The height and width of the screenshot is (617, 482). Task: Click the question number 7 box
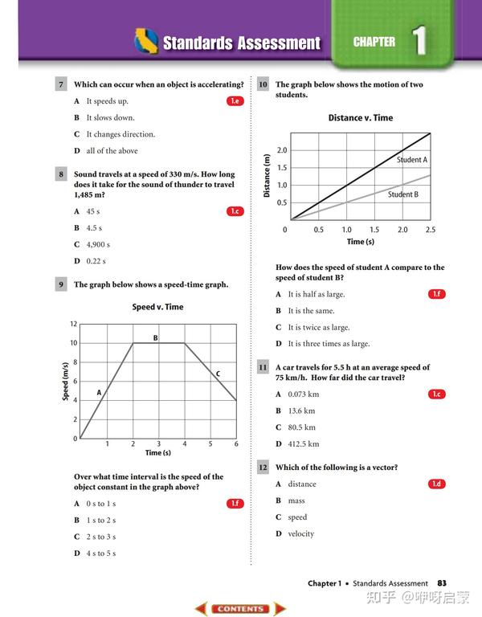point(60,84)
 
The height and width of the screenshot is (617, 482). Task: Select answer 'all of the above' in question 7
point(112,151)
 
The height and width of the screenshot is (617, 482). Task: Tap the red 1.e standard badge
point(235,101)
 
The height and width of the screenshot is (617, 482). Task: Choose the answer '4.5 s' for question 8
point(94,228)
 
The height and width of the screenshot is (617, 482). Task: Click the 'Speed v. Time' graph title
point(157,307)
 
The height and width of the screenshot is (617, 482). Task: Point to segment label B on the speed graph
point(156,338)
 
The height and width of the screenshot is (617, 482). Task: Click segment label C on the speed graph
point(218,374)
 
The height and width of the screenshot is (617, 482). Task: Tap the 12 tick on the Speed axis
point(73,324)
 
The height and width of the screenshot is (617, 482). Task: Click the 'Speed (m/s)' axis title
point(65,381)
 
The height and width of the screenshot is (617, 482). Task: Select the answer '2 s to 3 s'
point(100,537)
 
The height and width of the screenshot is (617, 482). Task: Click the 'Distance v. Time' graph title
point(361,118)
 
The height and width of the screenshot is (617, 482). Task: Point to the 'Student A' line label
point(412,160)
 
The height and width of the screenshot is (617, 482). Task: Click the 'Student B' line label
point(403,194)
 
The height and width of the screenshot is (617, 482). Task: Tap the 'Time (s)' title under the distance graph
point(361,242)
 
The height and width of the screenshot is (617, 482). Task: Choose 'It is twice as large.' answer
point(319,327)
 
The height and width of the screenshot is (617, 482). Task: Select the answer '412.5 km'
point(304,444)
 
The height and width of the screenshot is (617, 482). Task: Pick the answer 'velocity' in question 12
point(301,534)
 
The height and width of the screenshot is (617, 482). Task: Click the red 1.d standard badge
point(436,484)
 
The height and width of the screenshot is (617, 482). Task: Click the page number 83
point(442,583)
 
